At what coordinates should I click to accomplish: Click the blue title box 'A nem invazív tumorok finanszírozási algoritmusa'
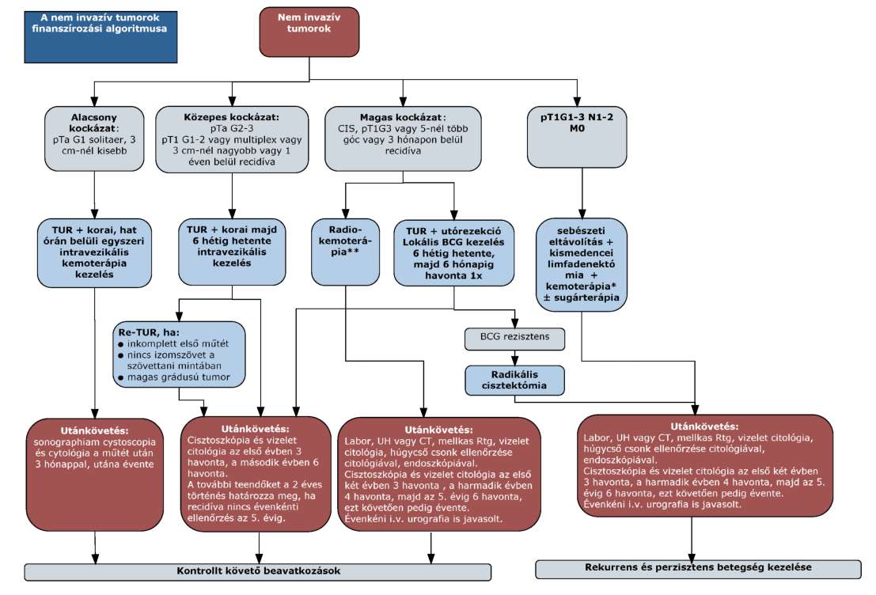coord(100,37)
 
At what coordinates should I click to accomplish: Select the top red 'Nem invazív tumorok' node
coord(309,32)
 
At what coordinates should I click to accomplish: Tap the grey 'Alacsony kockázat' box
coord(94,138)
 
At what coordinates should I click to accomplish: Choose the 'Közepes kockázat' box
coord(232,140)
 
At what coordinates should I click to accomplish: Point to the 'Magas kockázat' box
coord(403,138)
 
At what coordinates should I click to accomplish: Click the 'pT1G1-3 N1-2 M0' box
coord(577,137)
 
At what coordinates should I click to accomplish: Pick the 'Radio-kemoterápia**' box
coord(345,252)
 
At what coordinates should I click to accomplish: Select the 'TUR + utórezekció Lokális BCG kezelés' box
coord(453,253)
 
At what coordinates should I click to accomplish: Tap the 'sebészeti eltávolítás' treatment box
coord(581,264)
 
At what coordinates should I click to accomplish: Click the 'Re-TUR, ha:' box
coord(179,354)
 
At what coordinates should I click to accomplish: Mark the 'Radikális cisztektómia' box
coord(514,380)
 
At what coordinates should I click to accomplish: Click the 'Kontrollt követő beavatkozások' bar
coord(257,572)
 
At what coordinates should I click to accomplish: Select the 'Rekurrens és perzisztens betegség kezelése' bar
coord(698,569)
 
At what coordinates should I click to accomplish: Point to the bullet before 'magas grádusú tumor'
coord(120,377)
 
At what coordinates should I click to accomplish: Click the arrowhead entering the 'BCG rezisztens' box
coord(514,324)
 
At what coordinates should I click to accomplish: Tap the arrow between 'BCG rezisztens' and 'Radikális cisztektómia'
coord(514,358)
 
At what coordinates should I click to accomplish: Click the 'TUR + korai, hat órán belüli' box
coord(94,252)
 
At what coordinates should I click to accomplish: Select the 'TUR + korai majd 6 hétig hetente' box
coord(232,252)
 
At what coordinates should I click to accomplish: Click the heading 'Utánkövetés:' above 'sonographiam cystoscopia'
coord(94,430)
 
